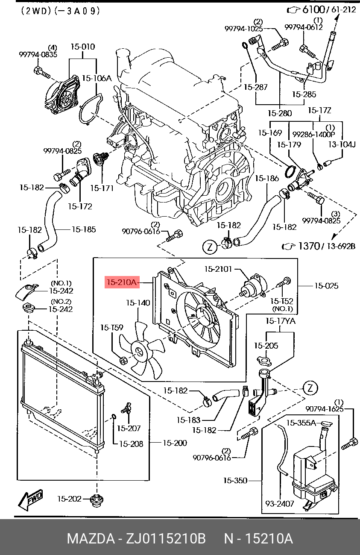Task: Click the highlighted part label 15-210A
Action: [x=122, y=282]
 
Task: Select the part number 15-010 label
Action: [x=83, y=47]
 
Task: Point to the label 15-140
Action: [x=138, y=303]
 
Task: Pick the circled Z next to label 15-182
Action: [x=210, y=247]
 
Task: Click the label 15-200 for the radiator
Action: [x=175, y=443]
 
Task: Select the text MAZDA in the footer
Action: [x=91, y=539]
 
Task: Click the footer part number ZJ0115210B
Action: [x=166, y=539]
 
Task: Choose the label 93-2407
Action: [x=280, y=504]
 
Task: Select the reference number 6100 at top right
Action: [x=313, y=10]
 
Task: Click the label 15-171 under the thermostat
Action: [x=102, y=188]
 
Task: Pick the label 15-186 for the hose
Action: [x=267, y=178]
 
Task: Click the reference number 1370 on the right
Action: [x=309, y=246]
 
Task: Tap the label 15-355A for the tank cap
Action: [x=301, y=423]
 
